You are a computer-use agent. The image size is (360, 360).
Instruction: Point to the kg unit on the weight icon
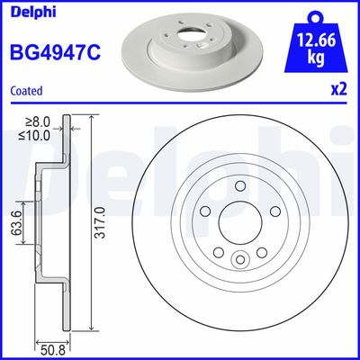316,58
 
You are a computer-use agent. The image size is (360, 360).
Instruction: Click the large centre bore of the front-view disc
239,222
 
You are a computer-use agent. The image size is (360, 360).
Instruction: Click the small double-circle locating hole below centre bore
239,260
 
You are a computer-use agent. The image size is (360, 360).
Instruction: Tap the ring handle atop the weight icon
316,13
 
